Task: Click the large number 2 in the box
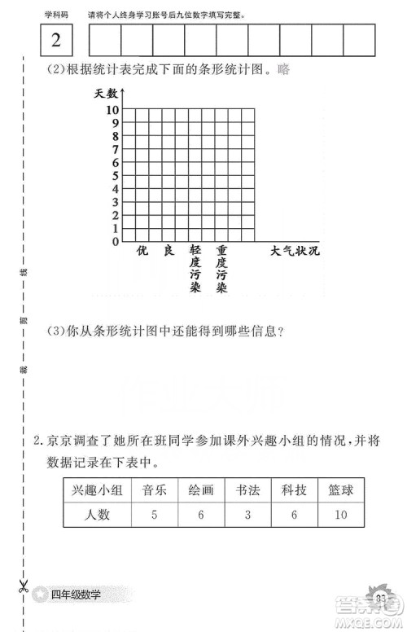55,42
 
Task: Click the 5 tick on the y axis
115,176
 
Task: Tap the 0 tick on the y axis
115,242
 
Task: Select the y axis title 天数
107,94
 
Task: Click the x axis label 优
142,251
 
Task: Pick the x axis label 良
168,251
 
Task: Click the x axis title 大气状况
295,251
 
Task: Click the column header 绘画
201,489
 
